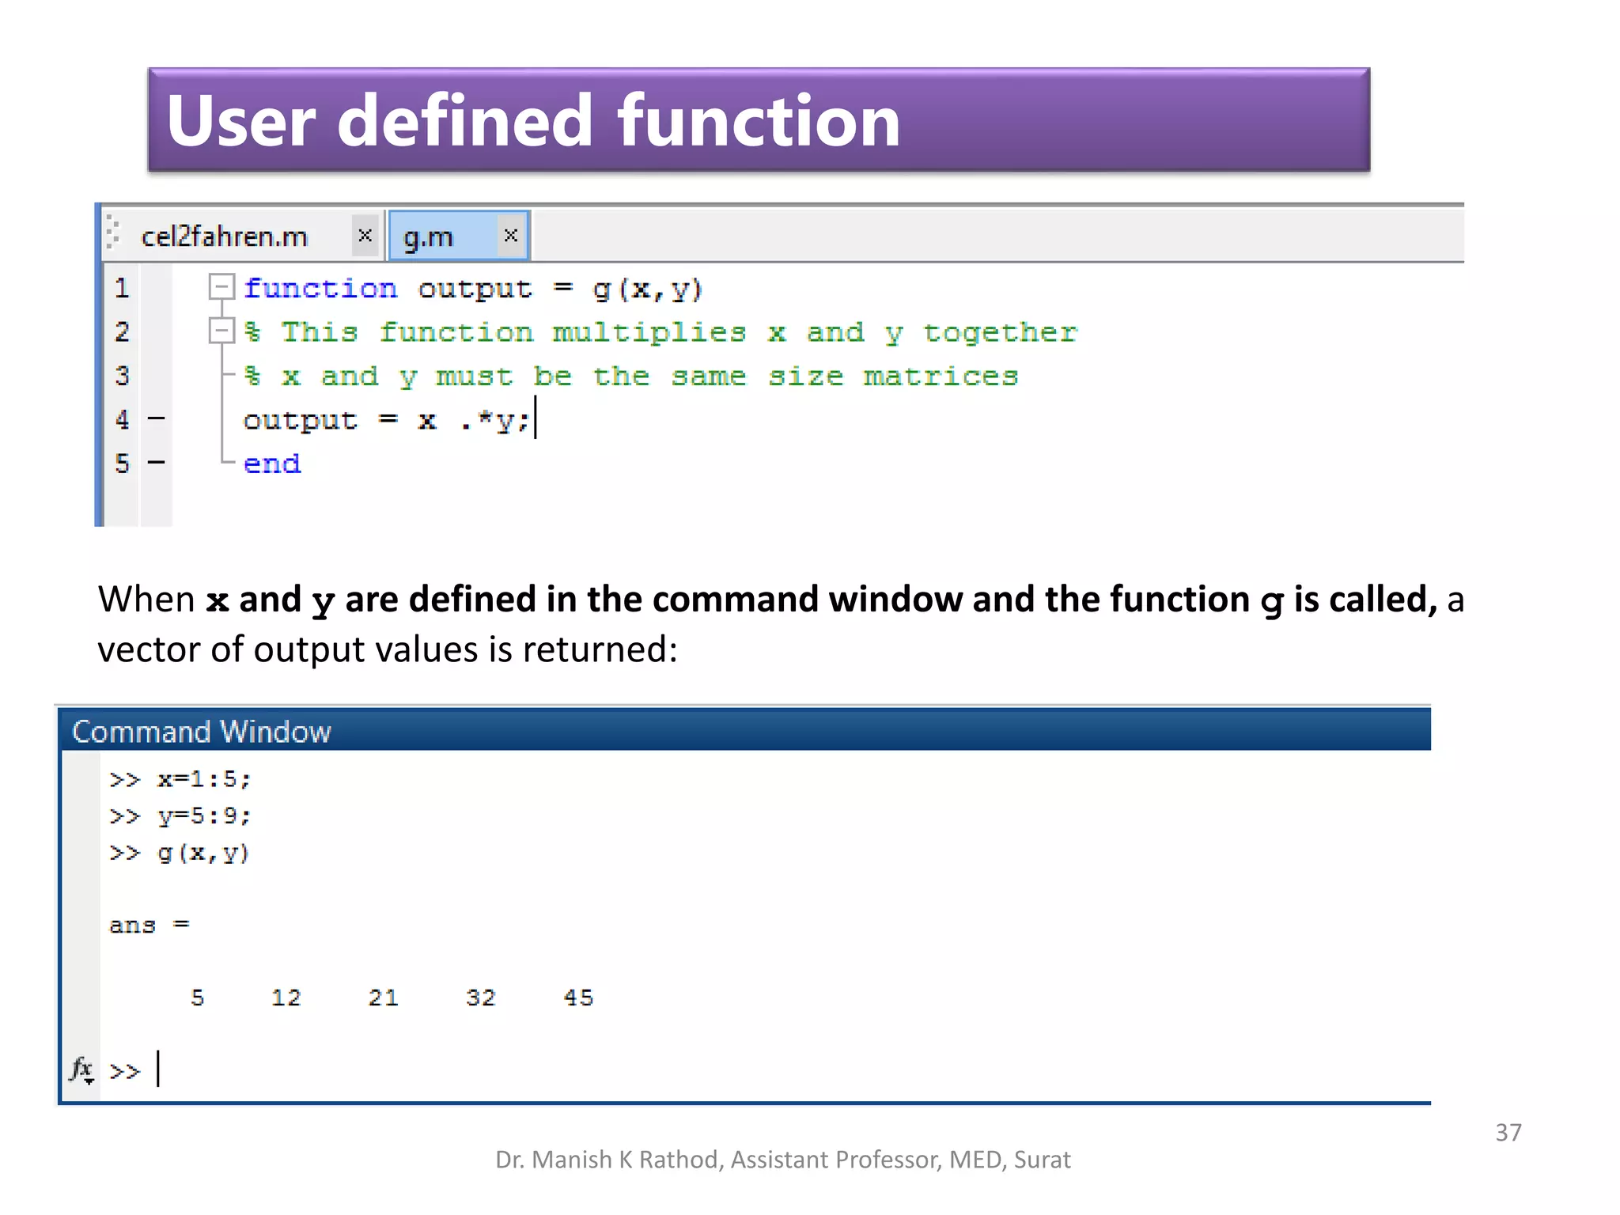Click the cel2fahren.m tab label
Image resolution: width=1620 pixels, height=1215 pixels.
click(x=224, y=237)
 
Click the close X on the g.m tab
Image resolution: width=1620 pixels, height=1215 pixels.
click(x=511, y=235)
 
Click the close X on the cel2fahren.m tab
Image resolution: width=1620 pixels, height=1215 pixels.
click(x=365, y=235)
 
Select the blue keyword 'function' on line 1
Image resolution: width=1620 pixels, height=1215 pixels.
click(x=320, y=289)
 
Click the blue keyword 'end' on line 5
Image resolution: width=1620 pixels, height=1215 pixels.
click(x=271, y=464)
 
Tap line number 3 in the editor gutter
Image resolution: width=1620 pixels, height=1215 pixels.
click(x=122, y=376)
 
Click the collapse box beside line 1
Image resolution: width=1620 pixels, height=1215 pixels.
click(x=221, y=286)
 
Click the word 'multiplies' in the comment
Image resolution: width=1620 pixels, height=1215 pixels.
click(x=649, y=333)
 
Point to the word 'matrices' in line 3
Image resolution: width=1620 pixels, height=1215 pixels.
click(x=940, y=377)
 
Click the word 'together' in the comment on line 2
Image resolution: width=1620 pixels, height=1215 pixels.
click(x=1000, y=333)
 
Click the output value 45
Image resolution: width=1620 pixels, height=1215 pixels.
click(x=578, y=998)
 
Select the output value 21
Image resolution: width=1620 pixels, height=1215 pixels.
click(x=384, y=998)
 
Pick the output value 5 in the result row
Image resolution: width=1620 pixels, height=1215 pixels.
click(x=198, y=998)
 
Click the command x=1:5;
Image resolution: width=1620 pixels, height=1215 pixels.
click(x=203, y=780)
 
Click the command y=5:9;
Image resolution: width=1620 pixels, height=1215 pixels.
click(x=203, y=816)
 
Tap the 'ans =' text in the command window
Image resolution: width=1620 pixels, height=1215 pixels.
click(x=149, y=925)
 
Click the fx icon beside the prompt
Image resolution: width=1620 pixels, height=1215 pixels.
click(x=81, y=1069)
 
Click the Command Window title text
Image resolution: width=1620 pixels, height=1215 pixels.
click(x=201, y=732)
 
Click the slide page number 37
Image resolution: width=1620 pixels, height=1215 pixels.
click(x=1508, y=1133)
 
